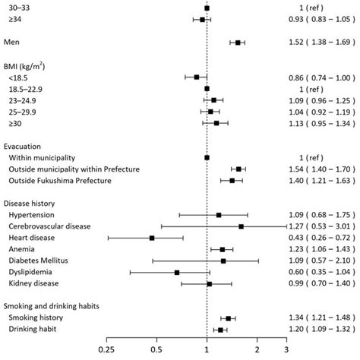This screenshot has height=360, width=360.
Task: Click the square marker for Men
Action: coord(238,43)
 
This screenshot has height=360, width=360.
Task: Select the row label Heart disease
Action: coord(31,238)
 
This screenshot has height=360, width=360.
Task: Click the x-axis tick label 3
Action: coord(286,351)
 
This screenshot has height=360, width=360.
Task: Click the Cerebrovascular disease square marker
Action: coord(242,226)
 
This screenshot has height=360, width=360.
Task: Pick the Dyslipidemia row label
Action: coord(31,271)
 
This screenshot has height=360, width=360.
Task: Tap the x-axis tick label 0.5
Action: coord(156,351)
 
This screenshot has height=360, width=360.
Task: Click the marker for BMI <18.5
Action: coord(197,77)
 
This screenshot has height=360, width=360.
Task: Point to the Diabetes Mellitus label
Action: coord(37,260)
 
